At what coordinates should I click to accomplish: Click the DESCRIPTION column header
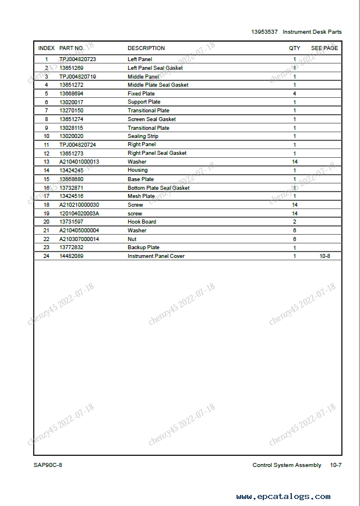click(146, 48)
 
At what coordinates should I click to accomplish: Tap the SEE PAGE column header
click(324, 48)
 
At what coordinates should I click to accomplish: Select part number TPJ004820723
click(77, 59)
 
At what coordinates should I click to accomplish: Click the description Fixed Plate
click(141, 94)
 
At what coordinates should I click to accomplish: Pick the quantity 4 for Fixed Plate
click(294, 94)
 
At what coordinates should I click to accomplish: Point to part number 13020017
click(71, 102)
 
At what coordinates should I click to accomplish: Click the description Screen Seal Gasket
click(151, 119)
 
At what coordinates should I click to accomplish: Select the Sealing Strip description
click(143, 136)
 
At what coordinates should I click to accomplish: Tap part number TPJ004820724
click(77, 144)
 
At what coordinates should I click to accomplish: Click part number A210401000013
click(79, 162)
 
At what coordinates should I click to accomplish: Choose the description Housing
click(137, 171)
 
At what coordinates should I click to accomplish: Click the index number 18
click(46, 205)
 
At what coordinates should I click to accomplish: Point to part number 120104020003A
click(79, 214)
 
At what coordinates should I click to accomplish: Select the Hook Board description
click(142, 222)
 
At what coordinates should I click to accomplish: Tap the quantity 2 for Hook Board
click(294, 222)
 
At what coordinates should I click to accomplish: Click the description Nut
click(132, 239)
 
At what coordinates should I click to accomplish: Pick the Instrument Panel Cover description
click(156, 256)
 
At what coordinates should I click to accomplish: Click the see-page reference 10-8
click(325, 256)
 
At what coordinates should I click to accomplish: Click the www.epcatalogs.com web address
click(283, 497)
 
